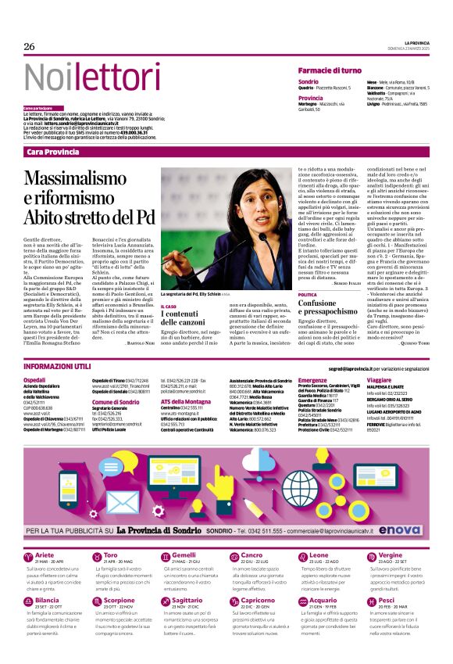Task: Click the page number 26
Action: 30,47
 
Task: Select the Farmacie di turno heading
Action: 330,70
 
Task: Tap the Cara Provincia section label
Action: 52,150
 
